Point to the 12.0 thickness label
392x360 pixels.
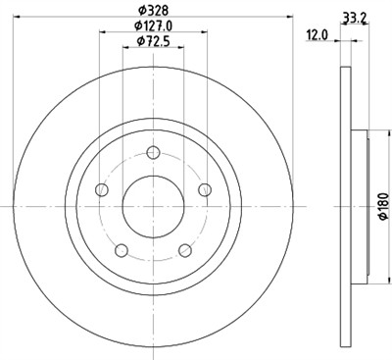point(317,35)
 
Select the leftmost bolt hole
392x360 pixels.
point(101,190)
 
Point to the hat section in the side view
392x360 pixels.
point(357,206)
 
